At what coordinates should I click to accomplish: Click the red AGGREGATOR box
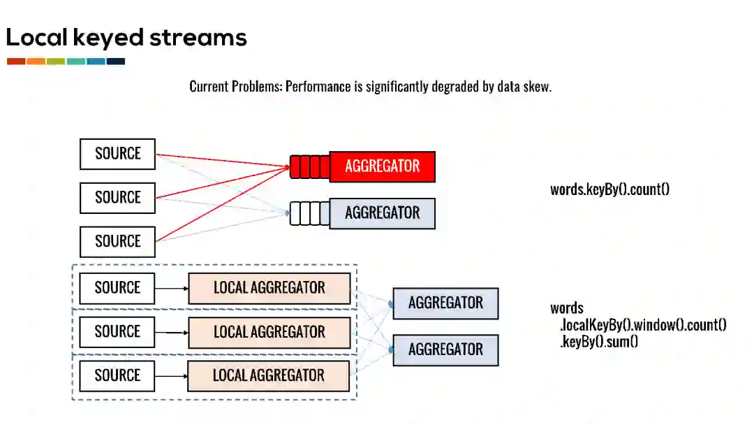pos(382,166)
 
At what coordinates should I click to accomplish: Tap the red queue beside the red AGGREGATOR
pos(309,167)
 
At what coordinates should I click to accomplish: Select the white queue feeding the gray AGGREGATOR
pos(309,213)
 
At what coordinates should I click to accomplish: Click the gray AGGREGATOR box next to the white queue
pos(382,213)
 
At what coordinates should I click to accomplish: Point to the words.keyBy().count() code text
pos(609,189)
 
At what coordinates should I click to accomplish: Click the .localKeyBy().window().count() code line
pos(643,325)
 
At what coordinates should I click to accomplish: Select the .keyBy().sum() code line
pos(599,342)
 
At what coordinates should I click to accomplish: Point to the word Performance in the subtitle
pos(318,87)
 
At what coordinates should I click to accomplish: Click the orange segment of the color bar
pos(36,62)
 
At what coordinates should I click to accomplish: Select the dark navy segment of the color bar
pos(116,62)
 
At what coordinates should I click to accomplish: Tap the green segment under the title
pos(56,62)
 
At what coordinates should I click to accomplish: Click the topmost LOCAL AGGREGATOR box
pos(269,288)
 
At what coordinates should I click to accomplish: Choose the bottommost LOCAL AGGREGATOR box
pos(269,376)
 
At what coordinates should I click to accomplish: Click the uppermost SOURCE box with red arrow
pos(117,154)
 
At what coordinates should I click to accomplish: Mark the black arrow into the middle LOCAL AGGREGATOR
pos(172,332)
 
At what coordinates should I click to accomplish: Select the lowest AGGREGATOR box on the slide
pos(445,350)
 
